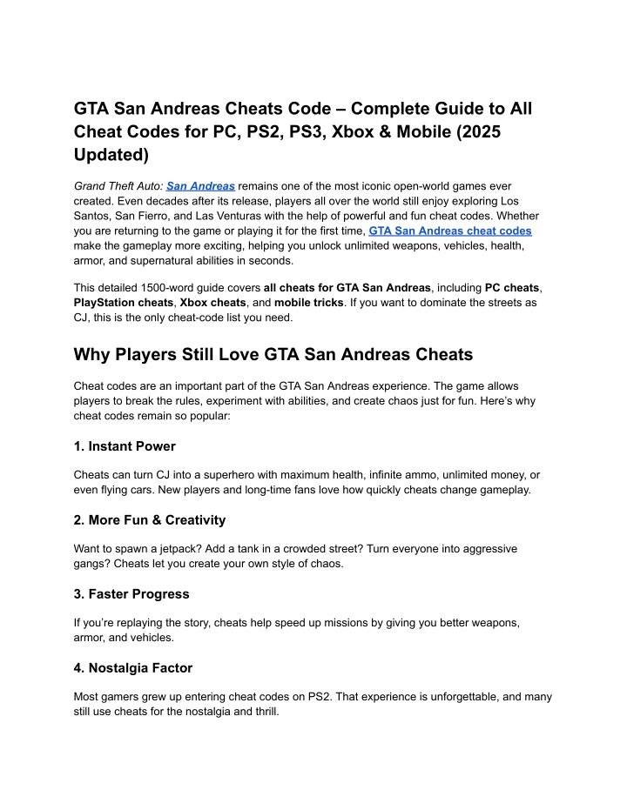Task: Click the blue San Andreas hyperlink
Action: click(x=200, y=186)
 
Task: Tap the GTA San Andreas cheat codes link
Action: click(x=450, y=231)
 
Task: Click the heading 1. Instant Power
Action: click(x=125, y=446)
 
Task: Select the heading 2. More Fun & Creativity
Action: click(x=150, y=520)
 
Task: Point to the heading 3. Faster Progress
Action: click(x=131, y=594)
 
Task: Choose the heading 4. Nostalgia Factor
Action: click(x=133, y=668)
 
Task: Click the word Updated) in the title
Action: click(x=111, y=155)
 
